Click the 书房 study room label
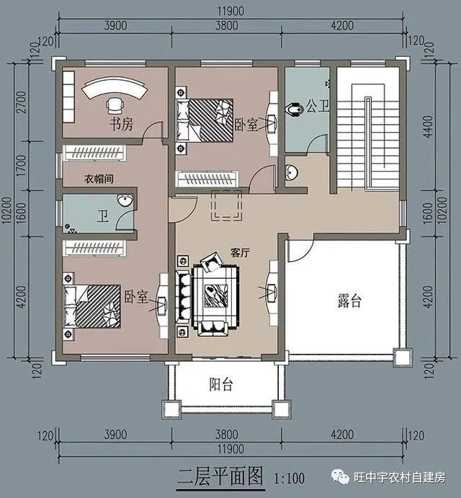(x=121, y=123)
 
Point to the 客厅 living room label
(x=240, y=252)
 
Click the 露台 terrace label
(x=349, y=301)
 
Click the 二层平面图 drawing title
(x=221, y=476)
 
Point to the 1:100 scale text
(x=290, y=477)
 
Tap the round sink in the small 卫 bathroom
(x=125, y=200)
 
